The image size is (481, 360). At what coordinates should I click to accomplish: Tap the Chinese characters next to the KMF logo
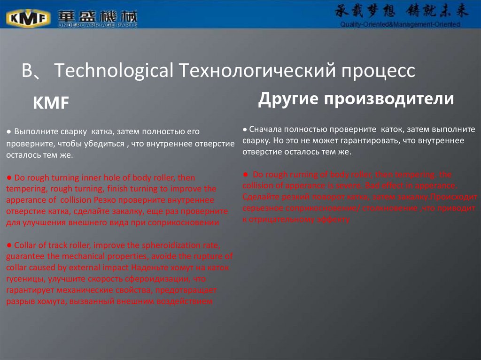coord(97,16)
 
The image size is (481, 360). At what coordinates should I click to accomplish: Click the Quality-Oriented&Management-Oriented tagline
coord(400,24)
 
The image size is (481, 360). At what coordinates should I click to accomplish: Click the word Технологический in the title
coord(254,70)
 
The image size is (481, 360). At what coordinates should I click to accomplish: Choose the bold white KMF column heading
coord(51,104)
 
